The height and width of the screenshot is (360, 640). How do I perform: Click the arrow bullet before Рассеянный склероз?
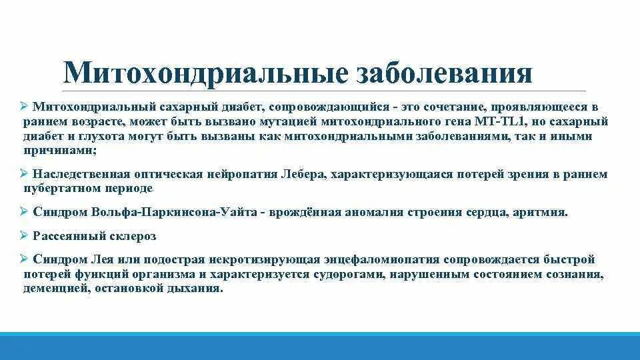(x=24, y=235)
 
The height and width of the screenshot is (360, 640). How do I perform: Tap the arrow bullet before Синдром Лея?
(x=24, y=259)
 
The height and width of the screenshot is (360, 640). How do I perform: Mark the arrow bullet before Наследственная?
(x=24, y=173)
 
